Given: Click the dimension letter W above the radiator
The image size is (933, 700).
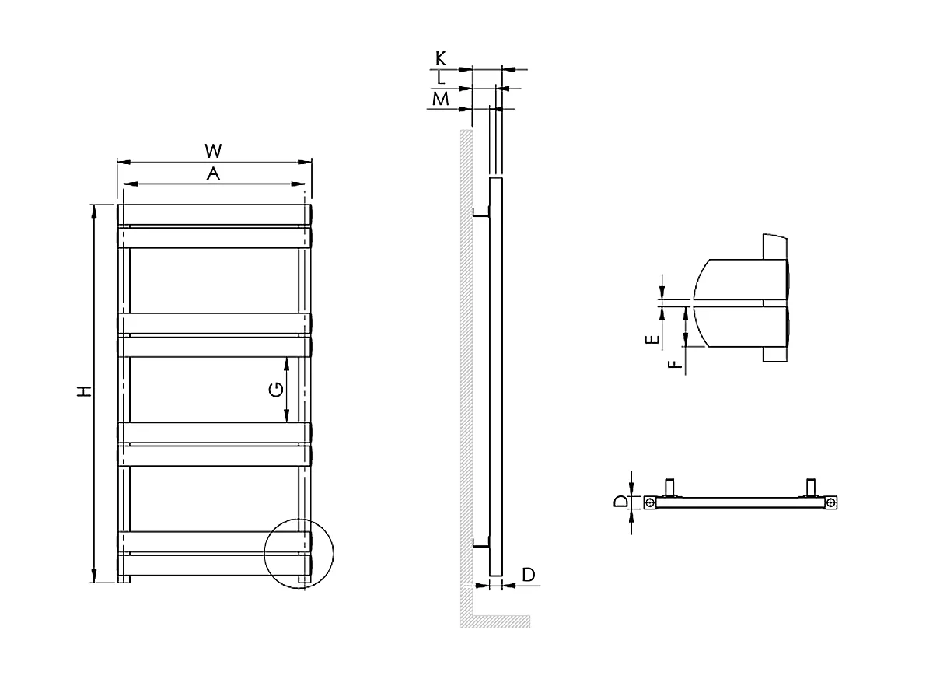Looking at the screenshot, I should pos(213,149).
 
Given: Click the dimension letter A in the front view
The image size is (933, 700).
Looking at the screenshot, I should pos(213,175).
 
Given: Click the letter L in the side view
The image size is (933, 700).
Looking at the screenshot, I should pos(441,78).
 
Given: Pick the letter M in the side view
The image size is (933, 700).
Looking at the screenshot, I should pos(441,99).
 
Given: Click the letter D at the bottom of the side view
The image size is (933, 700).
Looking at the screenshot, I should pos(529,575).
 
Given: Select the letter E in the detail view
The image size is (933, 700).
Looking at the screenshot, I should pos(655,339).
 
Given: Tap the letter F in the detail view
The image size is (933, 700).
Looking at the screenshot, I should pos(676,362).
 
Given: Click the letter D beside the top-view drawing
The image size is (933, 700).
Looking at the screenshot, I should pos(620,502).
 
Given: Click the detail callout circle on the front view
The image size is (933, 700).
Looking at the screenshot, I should pos(299,554).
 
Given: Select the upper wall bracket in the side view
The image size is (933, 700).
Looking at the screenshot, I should pos(482,215).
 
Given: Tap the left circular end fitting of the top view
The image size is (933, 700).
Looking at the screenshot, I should pos(650,504).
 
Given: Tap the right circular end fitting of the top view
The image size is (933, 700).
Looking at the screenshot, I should pos(831,504).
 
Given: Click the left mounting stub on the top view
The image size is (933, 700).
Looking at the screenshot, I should pos(669,488).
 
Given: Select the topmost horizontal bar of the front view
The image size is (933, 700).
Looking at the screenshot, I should pos(214,214).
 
